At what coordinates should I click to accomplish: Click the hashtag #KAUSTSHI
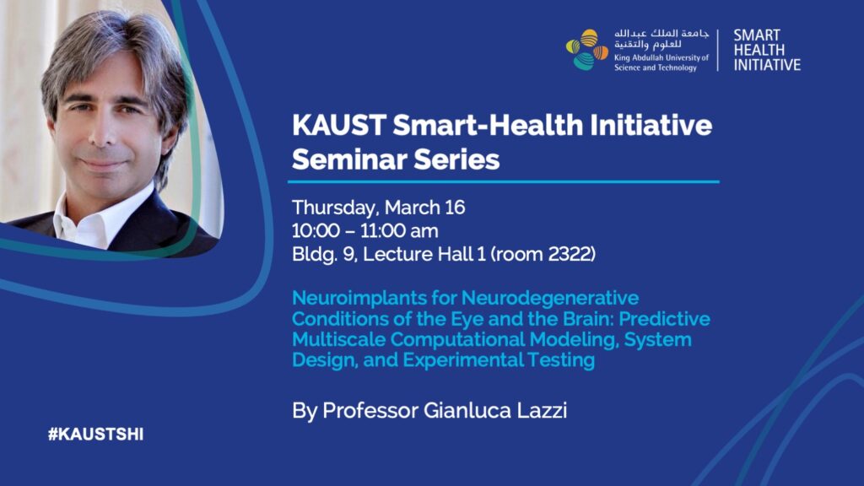[x=95, y=435]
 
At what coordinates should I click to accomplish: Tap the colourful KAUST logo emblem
[x=587, y=50]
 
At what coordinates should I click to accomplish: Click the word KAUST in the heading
[x=338, y=125]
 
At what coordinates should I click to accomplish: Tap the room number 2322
[x=570, y=254]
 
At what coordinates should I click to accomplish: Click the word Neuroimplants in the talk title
[x=359, y=298]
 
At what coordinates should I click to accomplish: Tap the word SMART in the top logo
[x=757, y=35]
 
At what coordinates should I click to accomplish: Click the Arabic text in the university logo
[x=661, y=39]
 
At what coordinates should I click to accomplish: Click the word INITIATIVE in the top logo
[x=767, y=65]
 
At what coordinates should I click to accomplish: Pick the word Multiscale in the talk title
[x=338, y=339]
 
